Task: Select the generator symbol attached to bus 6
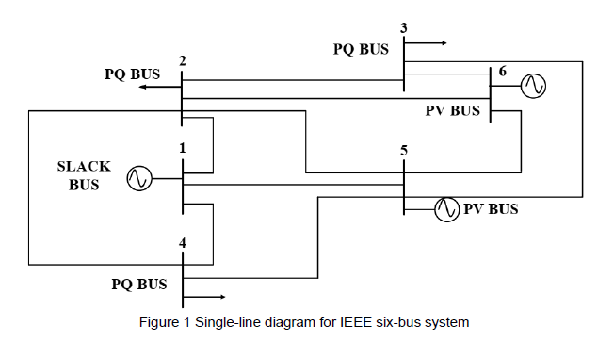click(x=534, y=87)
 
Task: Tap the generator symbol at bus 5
click(x=446, y=209)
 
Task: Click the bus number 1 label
click(x=182, y=148)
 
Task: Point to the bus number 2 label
click(x=182, y=61)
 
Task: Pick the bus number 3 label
click(x=404, y=26)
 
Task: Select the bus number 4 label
click(x=183, y=244)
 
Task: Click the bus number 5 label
click(x=403, y=150)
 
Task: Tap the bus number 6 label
click(x=502, y=72)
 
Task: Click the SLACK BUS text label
click(x=84, y=175)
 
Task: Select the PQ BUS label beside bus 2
click(x=132, y=74)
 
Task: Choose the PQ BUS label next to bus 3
click(x=361, y=49)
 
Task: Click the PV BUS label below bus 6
click(x=453, y=111)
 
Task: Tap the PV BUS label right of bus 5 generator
click(x=491, y=209)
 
